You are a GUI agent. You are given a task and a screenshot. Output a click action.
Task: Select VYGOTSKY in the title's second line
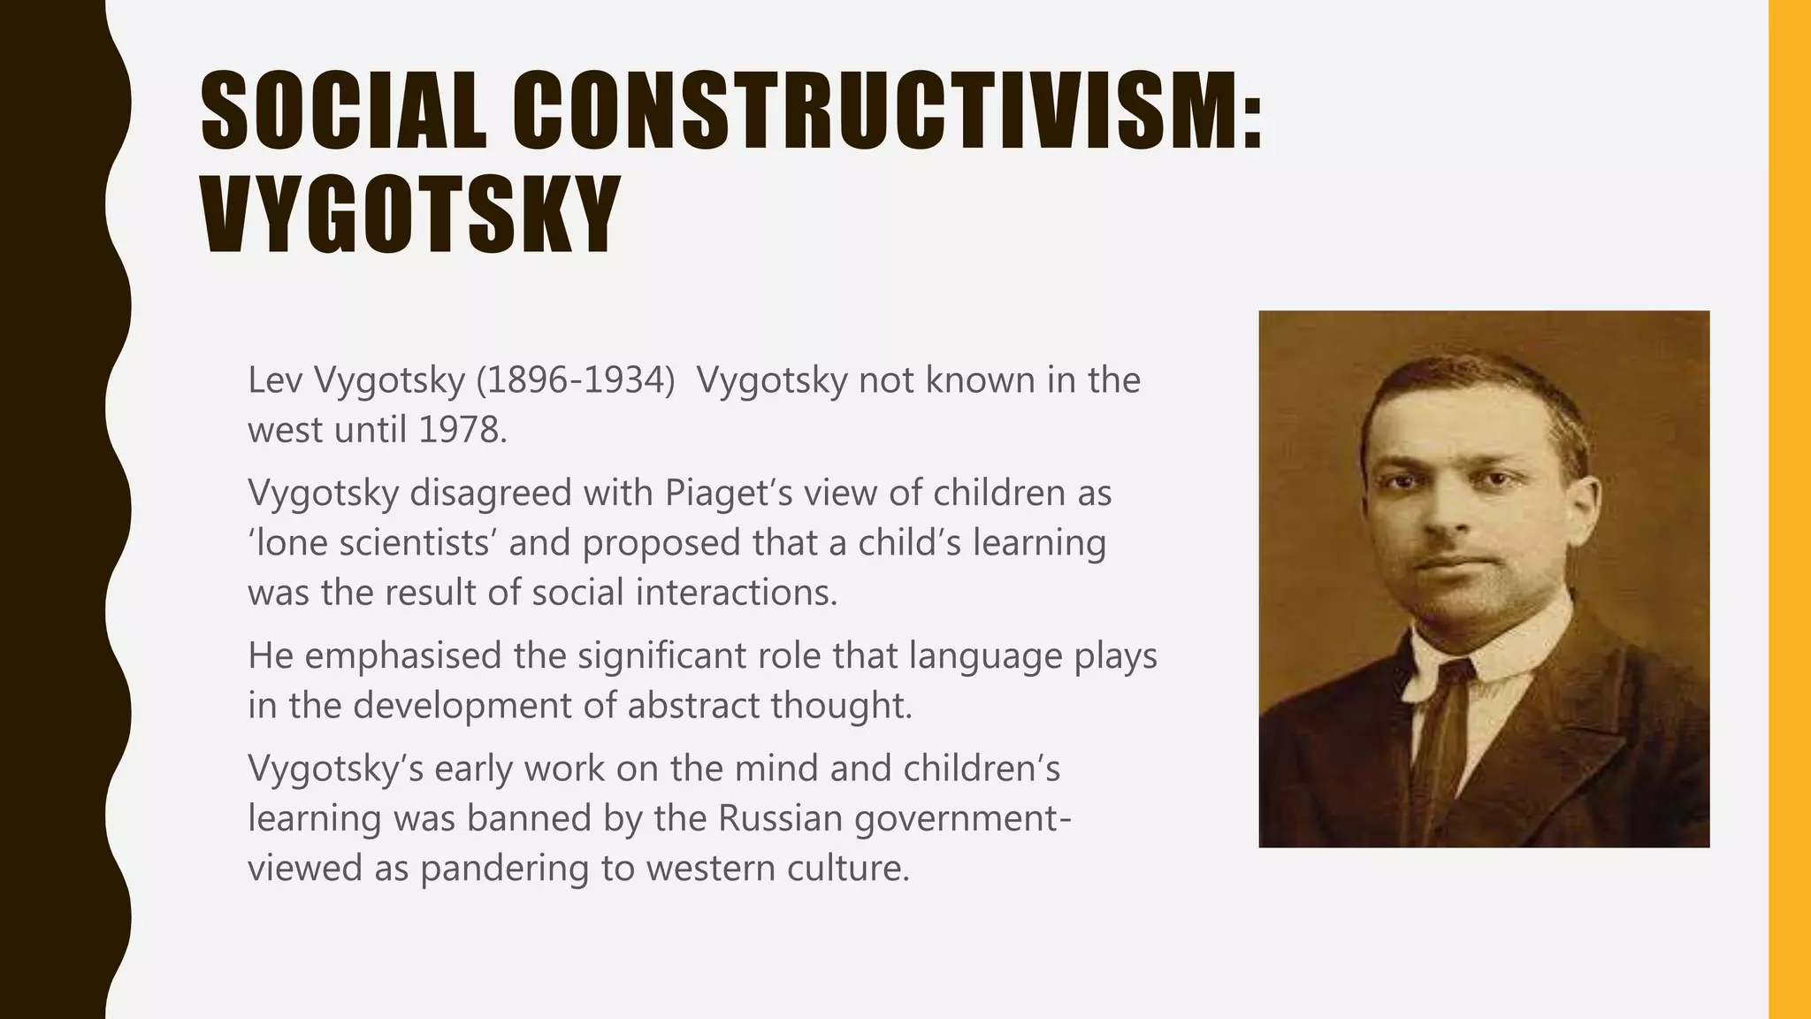coord(409,216)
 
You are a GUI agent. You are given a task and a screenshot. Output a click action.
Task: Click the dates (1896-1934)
coord(575,380)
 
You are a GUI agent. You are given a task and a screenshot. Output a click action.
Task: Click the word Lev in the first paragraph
coord(276,380)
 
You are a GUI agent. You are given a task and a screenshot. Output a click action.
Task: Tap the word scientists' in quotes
coord(414,543)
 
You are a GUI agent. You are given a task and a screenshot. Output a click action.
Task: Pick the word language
coord(983,656)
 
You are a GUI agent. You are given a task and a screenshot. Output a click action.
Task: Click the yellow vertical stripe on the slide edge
coord(1790,509)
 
